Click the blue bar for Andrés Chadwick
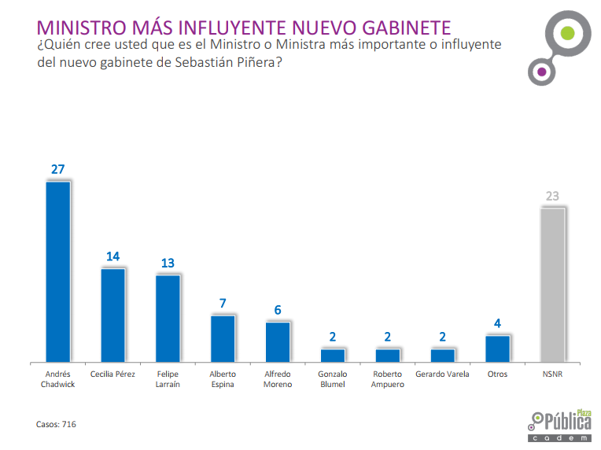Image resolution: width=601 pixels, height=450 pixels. (x=58, y=271)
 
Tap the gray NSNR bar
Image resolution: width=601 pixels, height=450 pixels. (x=552, y=284)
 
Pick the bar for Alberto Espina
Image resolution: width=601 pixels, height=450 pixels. (x=223, y=337)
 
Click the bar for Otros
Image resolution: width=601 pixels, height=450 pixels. (x=497, y=347)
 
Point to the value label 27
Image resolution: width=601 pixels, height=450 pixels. (x=58, y=169)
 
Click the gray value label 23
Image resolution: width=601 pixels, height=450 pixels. (x=552, y=197)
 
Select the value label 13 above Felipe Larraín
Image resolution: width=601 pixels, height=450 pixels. (x=168, y=263)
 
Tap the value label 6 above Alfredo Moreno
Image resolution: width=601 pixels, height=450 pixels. (x=278, y=310)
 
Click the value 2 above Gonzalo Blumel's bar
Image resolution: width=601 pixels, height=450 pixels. (x=333, y=337)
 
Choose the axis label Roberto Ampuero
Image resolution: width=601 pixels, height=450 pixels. (x=388, y=379)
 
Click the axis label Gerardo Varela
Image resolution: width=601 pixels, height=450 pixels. (x=442, y=374)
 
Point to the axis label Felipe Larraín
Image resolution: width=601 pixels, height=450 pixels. (x=168, y=379)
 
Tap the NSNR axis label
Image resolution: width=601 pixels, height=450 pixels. (x=552, y=374)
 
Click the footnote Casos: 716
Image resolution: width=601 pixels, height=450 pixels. (x=56, y=424)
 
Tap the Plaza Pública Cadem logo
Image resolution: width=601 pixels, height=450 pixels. (x=560, y=426)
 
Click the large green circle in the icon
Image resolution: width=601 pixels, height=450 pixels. (x=565, y=34)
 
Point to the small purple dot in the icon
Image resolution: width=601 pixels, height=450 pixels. (x=540, y=72)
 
